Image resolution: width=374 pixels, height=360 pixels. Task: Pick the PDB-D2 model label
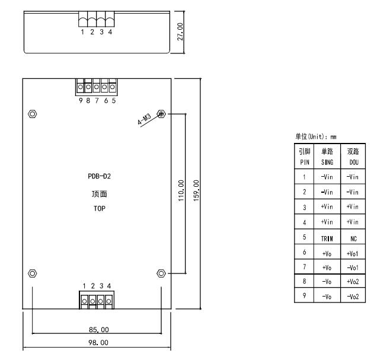click(x=97, y=175)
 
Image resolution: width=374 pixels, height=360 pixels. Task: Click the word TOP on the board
click(x=97, y=208)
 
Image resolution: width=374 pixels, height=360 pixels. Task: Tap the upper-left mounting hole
click(x=33, y=113)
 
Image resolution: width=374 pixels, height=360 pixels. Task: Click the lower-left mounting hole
click(x=33, y=273)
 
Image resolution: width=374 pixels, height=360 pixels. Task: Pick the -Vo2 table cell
click(x=353, y=295)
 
